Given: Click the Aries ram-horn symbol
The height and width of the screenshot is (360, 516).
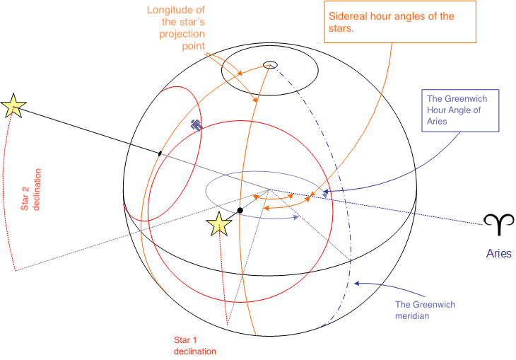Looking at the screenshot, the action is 498,224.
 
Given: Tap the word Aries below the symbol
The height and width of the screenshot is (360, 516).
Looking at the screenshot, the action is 499,253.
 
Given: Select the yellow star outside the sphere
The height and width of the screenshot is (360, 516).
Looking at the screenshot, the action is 13,105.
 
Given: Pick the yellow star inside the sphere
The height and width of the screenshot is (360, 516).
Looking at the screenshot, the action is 219,224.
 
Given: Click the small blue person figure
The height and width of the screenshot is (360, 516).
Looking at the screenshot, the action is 196,124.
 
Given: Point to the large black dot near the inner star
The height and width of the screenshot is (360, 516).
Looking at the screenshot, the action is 240,211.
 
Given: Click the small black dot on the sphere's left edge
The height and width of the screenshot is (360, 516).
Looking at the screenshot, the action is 160,153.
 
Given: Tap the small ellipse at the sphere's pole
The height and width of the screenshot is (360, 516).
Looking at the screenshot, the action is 270,65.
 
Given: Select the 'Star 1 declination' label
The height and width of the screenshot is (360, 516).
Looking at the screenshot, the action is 195,346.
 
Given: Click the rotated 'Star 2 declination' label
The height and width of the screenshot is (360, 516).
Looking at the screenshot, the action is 30,190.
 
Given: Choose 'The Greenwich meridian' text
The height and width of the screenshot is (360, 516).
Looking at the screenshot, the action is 426,310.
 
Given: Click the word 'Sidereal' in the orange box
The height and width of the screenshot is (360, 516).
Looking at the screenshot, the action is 348,16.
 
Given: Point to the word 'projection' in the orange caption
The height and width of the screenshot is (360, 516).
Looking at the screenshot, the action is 182,34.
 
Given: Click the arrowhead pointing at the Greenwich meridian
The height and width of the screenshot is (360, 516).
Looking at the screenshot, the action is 356,283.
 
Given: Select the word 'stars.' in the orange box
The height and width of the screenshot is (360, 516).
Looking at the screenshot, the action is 341,28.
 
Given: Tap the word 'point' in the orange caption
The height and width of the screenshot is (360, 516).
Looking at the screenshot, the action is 194,46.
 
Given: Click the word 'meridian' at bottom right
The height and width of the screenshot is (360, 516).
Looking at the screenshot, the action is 412,316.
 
